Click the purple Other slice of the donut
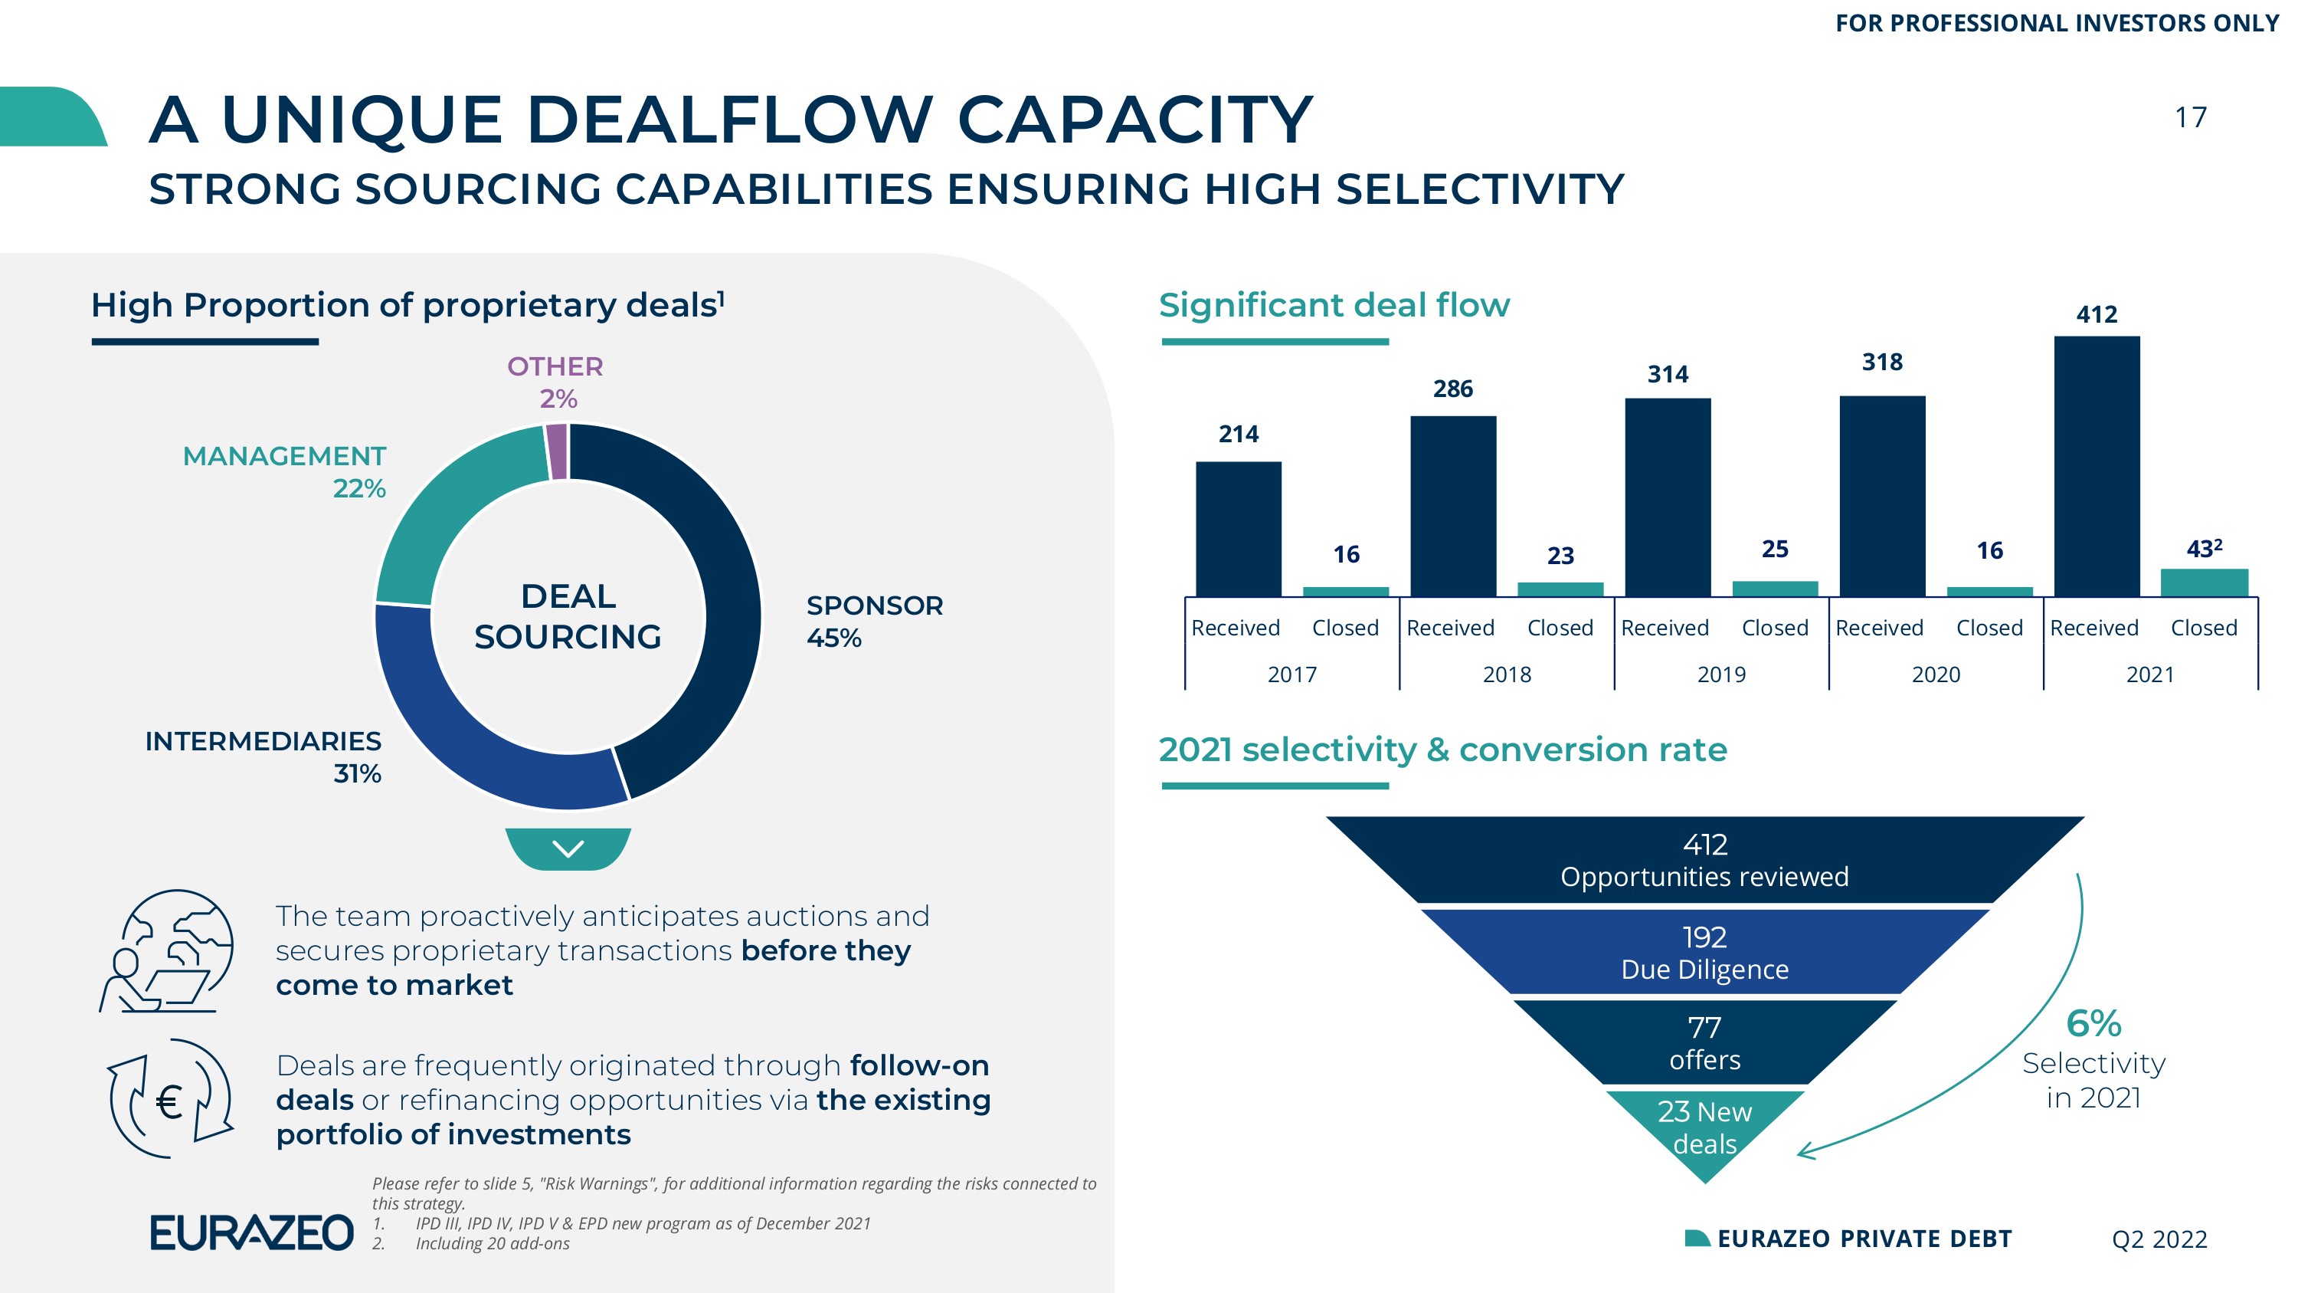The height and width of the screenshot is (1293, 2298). click(x=557, y=451)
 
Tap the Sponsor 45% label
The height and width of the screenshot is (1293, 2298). click(x=874, y=621)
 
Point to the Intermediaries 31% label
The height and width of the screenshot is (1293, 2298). click(x=264, y=756)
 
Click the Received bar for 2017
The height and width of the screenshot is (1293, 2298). click(x=1238, y=529)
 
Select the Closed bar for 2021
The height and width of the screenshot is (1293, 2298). click(x=2205, y=583)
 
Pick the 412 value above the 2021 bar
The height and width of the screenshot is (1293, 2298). click(x=2097, y=314)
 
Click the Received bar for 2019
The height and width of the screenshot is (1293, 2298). click(x=1668, y=497)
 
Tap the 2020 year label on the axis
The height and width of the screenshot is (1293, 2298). click(x=1936, y=674)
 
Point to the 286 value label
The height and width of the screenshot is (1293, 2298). click(x=1453, y=389)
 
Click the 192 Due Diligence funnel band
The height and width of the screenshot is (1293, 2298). click(x=1705, y=951)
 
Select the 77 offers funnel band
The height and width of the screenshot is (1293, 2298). click(x=1705, y=1042)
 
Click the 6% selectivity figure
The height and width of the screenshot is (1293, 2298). click(x=2093, y=1023)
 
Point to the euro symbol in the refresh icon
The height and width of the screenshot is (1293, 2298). click(x=169, y=1103)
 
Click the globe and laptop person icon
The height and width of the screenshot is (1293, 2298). click(x=166, y=950)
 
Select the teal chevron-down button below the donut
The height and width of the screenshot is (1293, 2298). click(x=568, y=848)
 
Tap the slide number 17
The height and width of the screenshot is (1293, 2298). click(x=2190, y=118)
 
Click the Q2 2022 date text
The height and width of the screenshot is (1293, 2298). click(x=2159, y=1239)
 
